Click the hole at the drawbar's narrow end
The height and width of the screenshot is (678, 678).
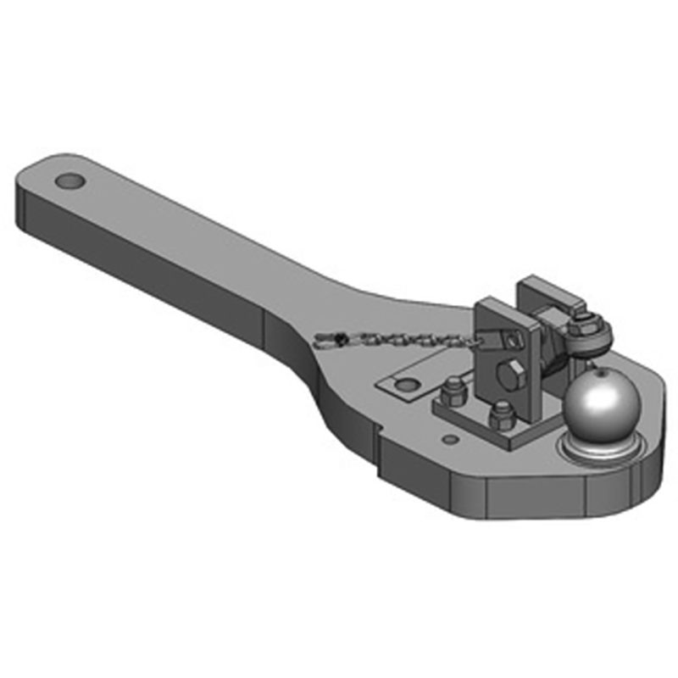tap(70, 181)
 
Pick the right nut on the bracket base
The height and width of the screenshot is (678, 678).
tap(502, 415)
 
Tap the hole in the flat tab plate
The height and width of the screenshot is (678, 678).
tap(407, 386)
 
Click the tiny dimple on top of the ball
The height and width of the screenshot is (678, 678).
tap(600, 370)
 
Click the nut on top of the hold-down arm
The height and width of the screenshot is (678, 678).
tap(582, 321)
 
